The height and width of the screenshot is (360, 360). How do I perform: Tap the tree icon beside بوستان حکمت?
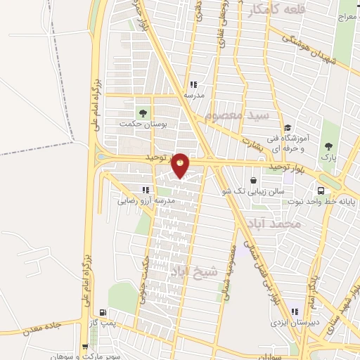[144, 112]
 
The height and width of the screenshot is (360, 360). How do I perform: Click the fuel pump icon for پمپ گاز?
[104, 314]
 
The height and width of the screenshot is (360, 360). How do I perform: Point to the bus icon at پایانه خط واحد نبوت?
[321, 190]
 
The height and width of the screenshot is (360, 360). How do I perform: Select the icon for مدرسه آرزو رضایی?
[146, 190]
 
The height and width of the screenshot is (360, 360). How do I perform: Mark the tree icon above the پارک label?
[327, 146]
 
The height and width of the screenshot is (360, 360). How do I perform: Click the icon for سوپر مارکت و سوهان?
[85, 347]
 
